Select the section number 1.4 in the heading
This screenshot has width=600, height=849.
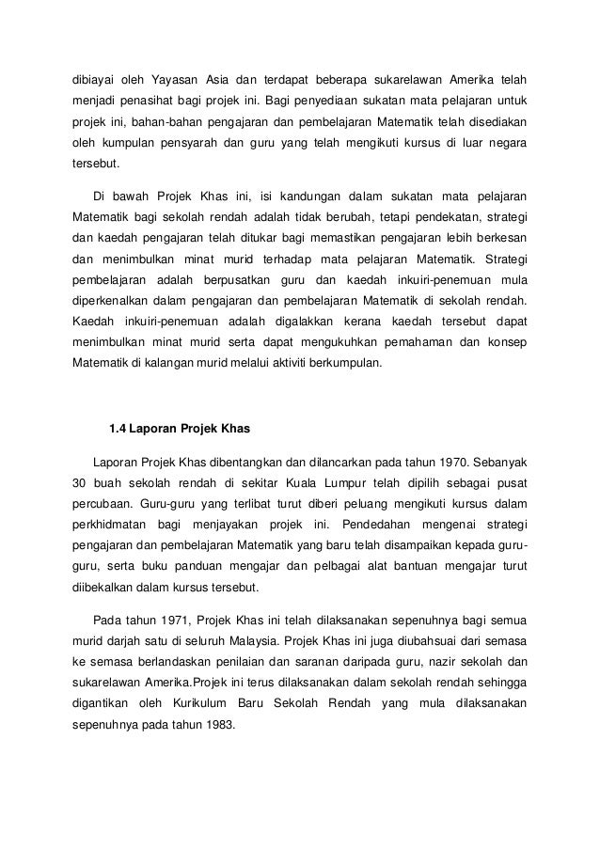pos(118,431)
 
